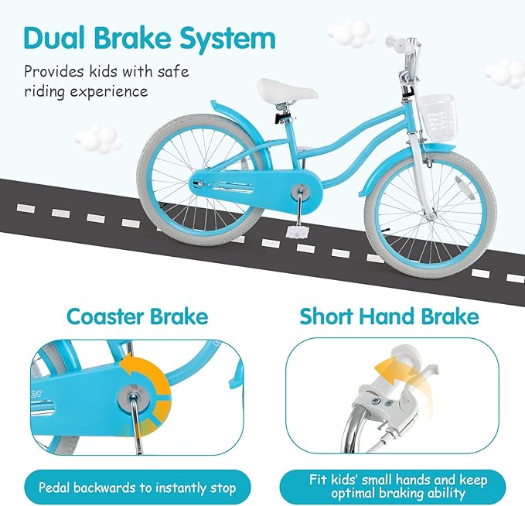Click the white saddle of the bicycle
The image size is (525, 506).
[287, 89]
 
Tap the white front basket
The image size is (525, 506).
[436, 115]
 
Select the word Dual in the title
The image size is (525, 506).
[54, 38]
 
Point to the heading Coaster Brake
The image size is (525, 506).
[138, 316]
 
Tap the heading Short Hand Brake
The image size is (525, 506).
[390, 316]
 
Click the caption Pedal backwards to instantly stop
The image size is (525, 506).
[138, 487]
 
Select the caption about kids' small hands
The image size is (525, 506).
[397, 486]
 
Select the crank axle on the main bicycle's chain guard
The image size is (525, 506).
[300, 192]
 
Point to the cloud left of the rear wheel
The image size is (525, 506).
[98, 138]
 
